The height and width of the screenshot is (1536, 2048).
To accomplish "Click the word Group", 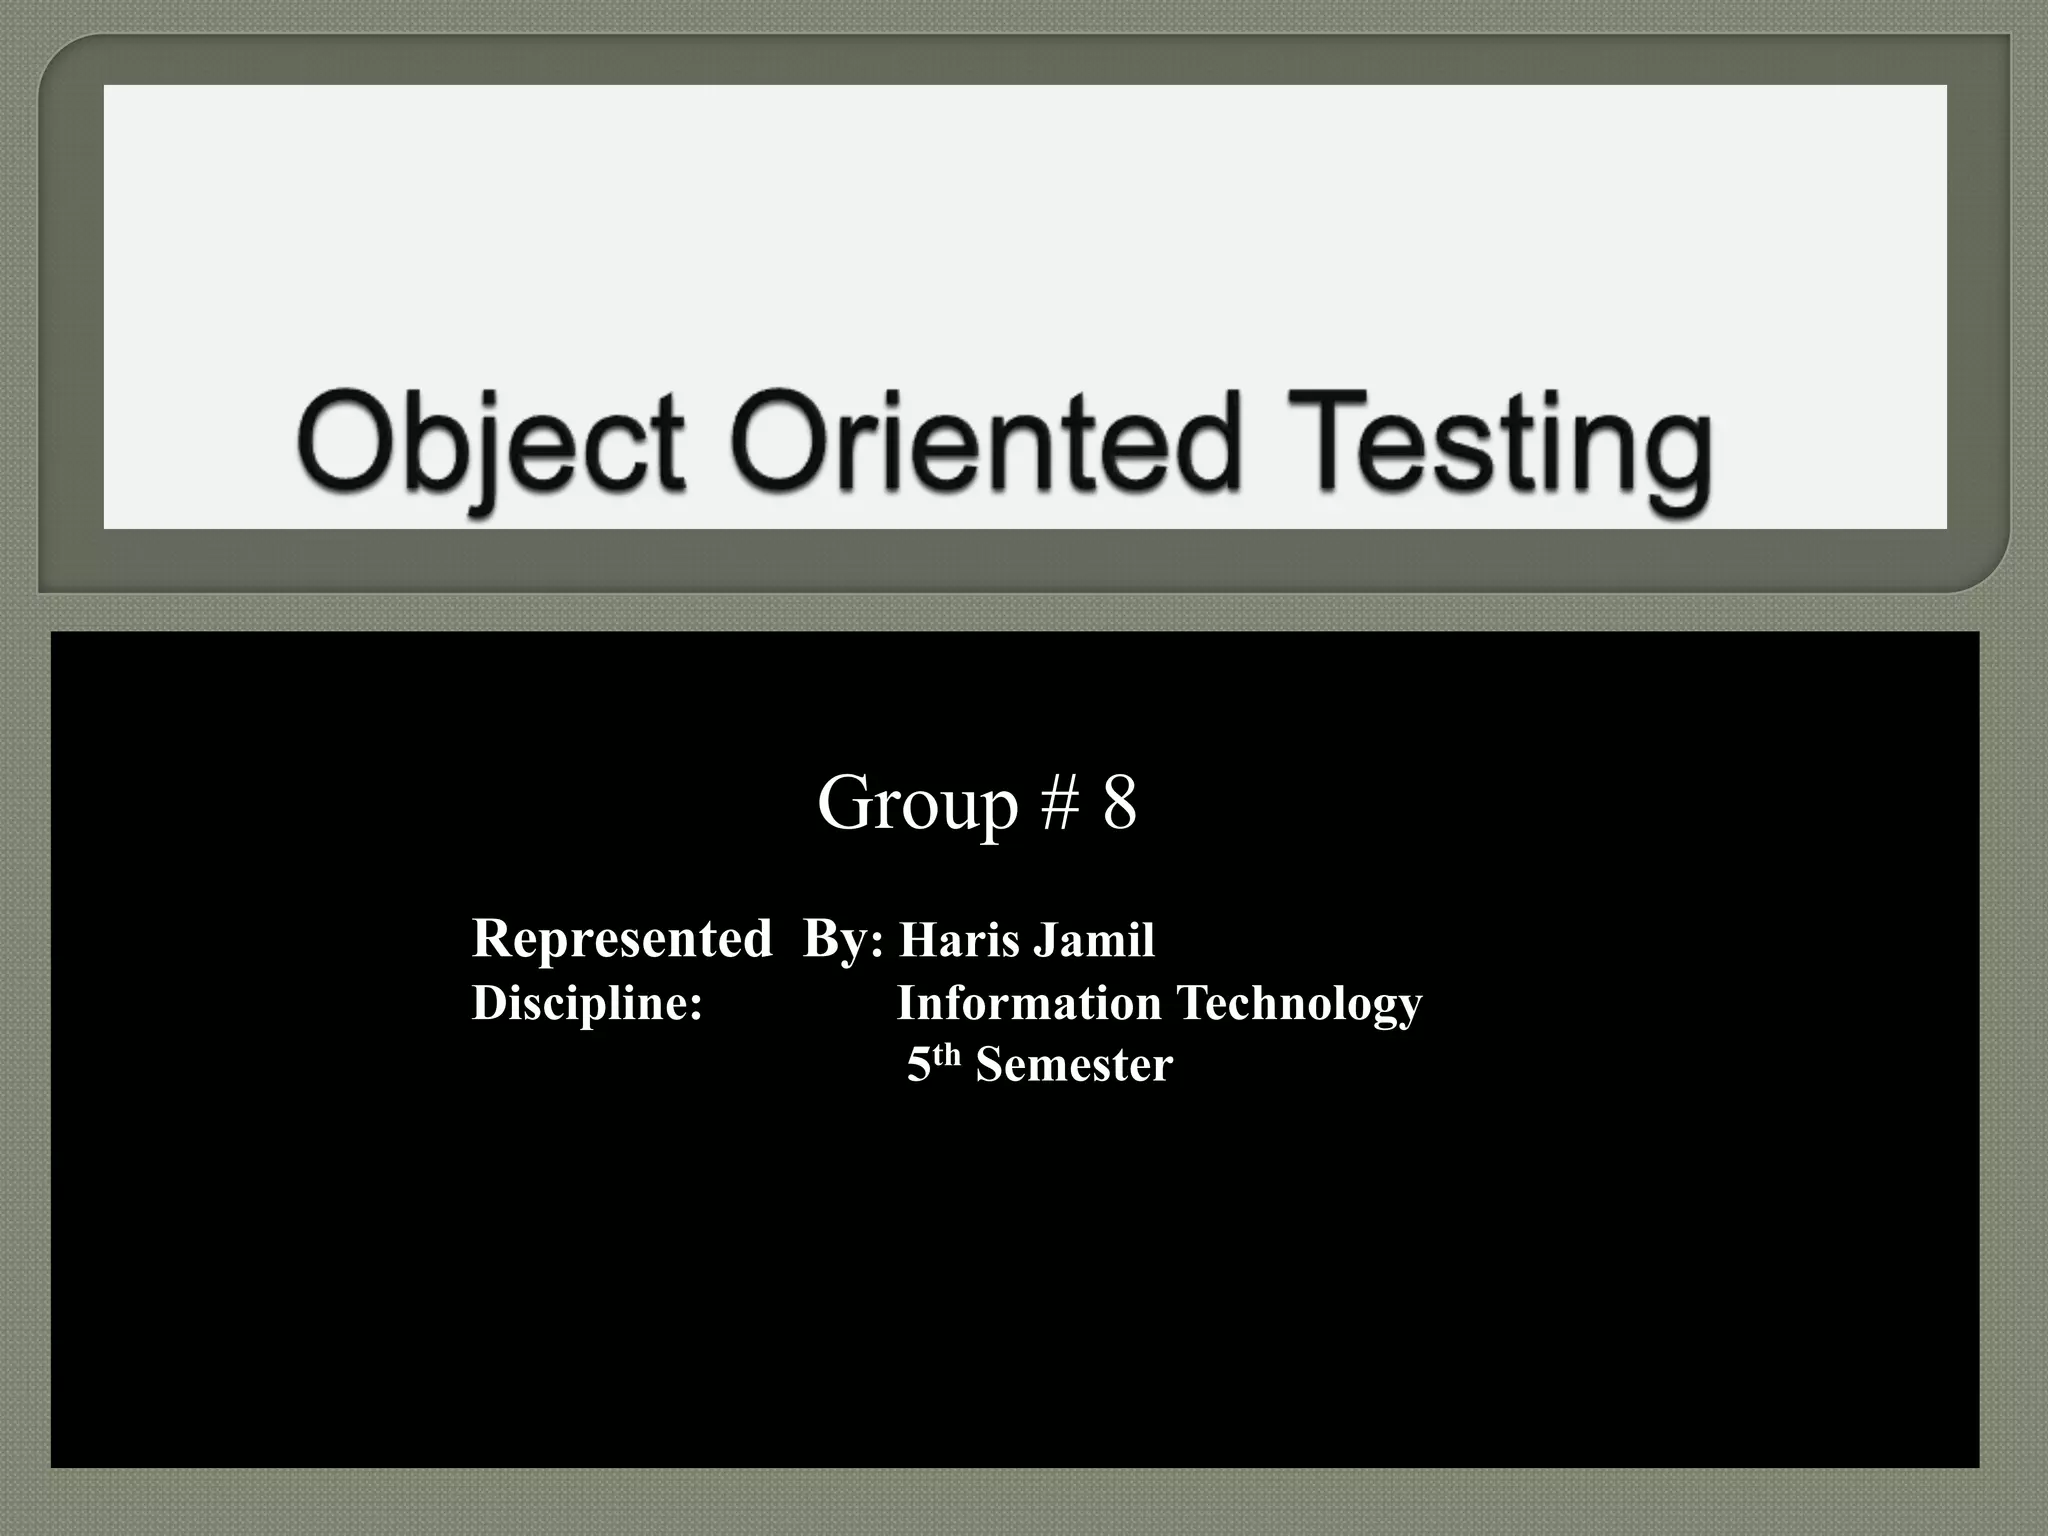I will [x=917, y=804].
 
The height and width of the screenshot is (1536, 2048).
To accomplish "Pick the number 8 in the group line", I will [x=1120, y=804].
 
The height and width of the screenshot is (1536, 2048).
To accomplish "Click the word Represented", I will [x=622, y=939].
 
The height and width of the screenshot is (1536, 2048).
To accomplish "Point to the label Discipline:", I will [x=587, y=1003].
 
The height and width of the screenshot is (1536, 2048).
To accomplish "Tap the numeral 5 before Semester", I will [x=919, y=1066].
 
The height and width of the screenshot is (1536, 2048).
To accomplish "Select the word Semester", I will [x=1074, y=1066].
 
